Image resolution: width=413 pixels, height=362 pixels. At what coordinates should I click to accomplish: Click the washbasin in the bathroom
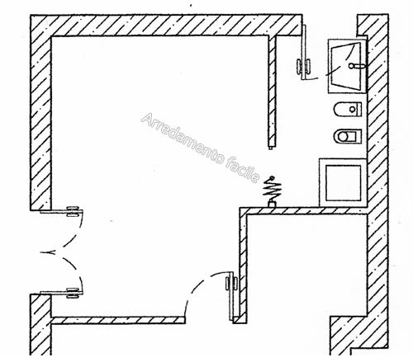coord(348,66)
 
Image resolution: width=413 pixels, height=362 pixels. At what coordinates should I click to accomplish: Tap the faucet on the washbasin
coord(357,66)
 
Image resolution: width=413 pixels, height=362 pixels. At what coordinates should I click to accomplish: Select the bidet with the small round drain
coord(348,110)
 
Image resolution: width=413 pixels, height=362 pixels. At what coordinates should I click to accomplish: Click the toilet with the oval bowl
coord(348,136)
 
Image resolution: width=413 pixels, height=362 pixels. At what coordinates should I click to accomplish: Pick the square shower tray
coord(343,183)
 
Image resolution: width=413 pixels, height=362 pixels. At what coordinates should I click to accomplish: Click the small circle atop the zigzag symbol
coord(272,177)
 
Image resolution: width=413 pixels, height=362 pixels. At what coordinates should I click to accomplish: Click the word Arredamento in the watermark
coord(183,139)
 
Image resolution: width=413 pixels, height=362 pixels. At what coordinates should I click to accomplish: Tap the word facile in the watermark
coord(244,170)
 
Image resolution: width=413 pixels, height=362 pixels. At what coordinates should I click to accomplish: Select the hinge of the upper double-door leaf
coord(73,211)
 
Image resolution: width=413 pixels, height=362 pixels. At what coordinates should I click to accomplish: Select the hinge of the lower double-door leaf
coord(73,293)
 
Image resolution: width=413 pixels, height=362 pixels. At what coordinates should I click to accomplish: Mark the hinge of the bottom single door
coord(231,284)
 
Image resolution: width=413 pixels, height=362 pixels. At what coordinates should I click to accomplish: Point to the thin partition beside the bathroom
coord(272,92)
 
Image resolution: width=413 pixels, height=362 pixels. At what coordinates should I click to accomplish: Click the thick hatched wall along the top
coord(166,25)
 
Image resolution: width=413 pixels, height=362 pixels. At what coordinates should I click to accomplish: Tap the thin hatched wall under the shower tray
coord(304,211)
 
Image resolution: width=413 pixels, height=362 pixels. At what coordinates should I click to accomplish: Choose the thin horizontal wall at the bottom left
coord(118,320)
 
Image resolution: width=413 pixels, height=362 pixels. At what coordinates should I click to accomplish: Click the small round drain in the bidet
coord(353,110)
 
